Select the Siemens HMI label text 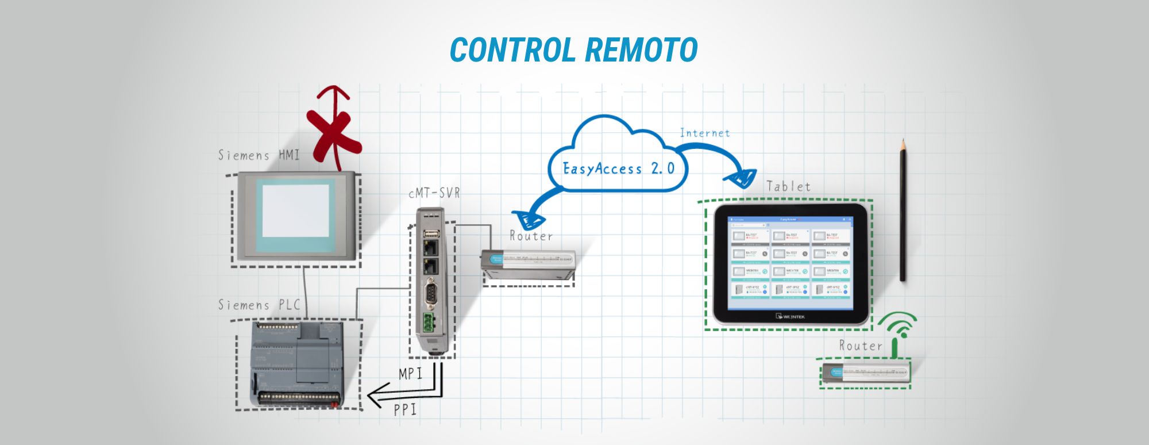(x=259, y=155)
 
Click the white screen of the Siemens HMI (x=295, y=210)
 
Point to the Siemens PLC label (x=259, y=305)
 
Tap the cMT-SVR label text (x=434, y=193)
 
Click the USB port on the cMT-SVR (x=431, y=233)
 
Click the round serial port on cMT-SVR (x=431, y=293)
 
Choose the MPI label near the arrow (x=411, y=374)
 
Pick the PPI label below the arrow (x=405, y=409)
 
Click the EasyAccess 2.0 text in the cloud (x=618, y=168)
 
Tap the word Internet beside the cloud (x=705, y=133)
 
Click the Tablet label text (x=788, y=186)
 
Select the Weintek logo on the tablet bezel (x=791, y=316)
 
